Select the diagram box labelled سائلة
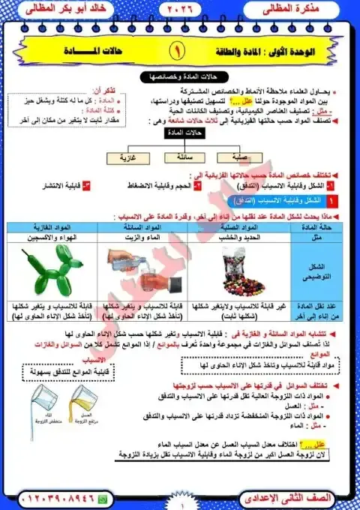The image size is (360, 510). click(179, 159)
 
